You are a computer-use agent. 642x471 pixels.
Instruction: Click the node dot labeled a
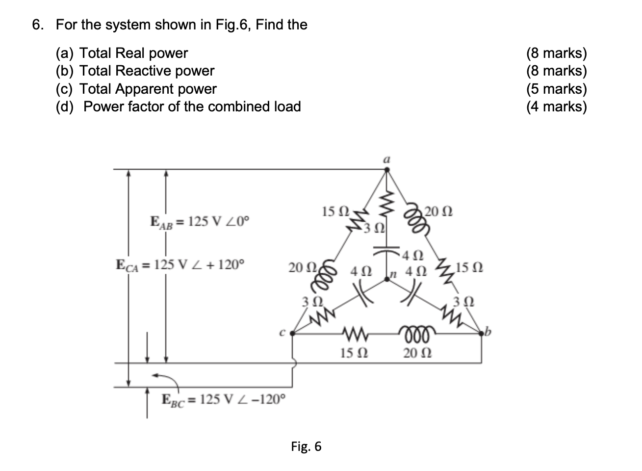coord(386,170)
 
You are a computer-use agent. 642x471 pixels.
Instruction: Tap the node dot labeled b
coord(481,334)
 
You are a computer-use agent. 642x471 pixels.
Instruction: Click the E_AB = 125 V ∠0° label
coord(200,222)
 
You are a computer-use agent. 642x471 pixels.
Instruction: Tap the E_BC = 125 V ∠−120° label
coord(223,399)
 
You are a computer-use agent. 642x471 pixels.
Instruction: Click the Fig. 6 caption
coord(306,446)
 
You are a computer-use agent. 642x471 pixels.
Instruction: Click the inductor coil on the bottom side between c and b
coord(416,333)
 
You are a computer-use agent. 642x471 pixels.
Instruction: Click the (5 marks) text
coord(556,89)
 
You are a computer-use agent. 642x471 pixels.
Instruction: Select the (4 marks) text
coord(556,106)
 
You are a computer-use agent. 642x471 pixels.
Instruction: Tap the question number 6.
coord(37,25)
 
